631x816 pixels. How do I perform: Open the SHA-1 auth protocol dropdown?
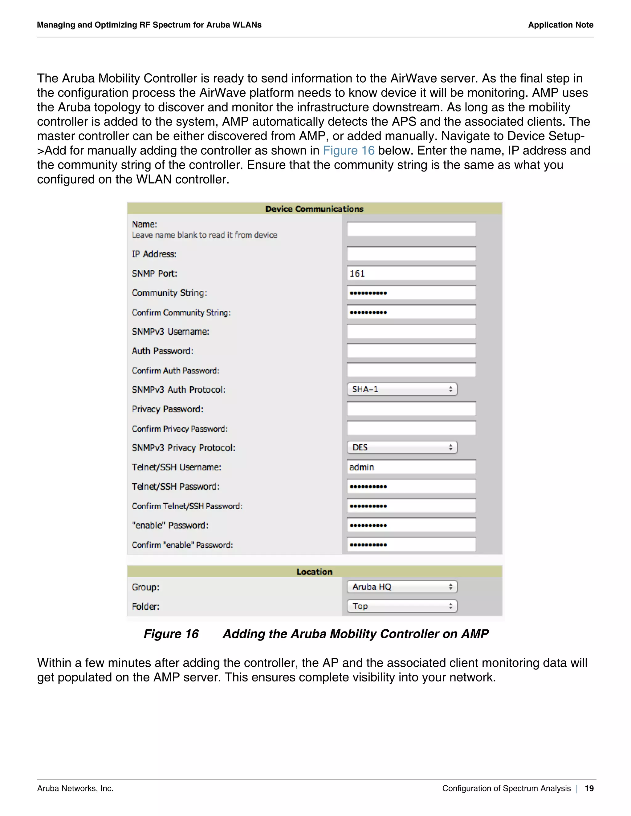(x=402, y=389)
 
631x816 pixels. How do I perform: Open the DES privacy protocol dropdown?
(x=402, y=447)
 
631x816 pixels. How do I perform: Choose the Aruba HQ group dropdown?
(x=402, y=587)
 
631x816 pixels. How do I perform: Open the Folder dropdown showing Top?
(x=402, y=606)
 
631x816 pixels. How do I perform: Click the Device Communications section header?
(x=314, y=209)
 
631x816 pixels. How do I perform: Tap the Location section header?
(x=314, y=572)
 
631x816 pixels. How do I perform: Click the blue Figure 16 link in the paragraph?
(x=348, y=151)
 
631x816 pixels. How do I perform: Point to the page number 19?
(x=589, y=788)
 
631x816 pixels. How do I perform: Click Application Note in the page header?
(x=560, y=25)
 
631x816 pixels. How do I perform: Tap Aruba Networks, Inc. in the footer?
(x=75, y=788)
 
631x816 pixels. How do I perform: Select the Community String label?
(x=169, y=293)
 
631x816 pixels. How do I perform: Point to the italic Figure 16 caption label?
(x=171, y=634)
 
